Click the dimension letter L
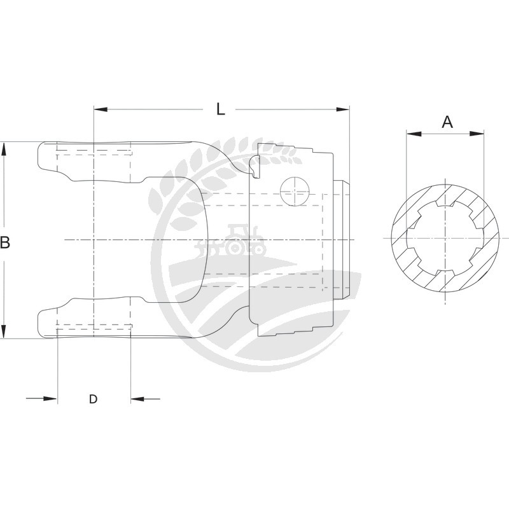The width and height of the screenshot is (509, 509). (x=221, y=109)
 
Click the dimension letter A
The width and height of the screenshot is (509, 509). (x=447, y=122)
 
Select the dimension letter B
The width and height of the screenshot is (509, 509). (x=5, y=242)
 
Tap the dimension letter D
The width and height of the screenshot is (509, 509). (x=93, y=399)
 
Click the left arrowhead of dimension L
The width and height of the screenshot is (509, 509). (x=101, y=109)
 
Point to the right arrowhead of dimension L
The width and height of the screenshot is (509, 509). (x=343, y=109)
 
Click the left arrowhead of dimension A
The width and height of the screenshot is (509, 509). (x=414, y=134)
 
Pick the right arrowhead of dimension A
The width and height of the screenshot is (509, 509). (x=477, y=134)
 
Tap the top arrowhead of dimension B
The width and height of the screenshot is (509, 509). (x=4, y=150)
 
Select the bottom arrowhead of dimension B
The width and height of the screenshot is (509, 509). (x=4, y=331)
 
